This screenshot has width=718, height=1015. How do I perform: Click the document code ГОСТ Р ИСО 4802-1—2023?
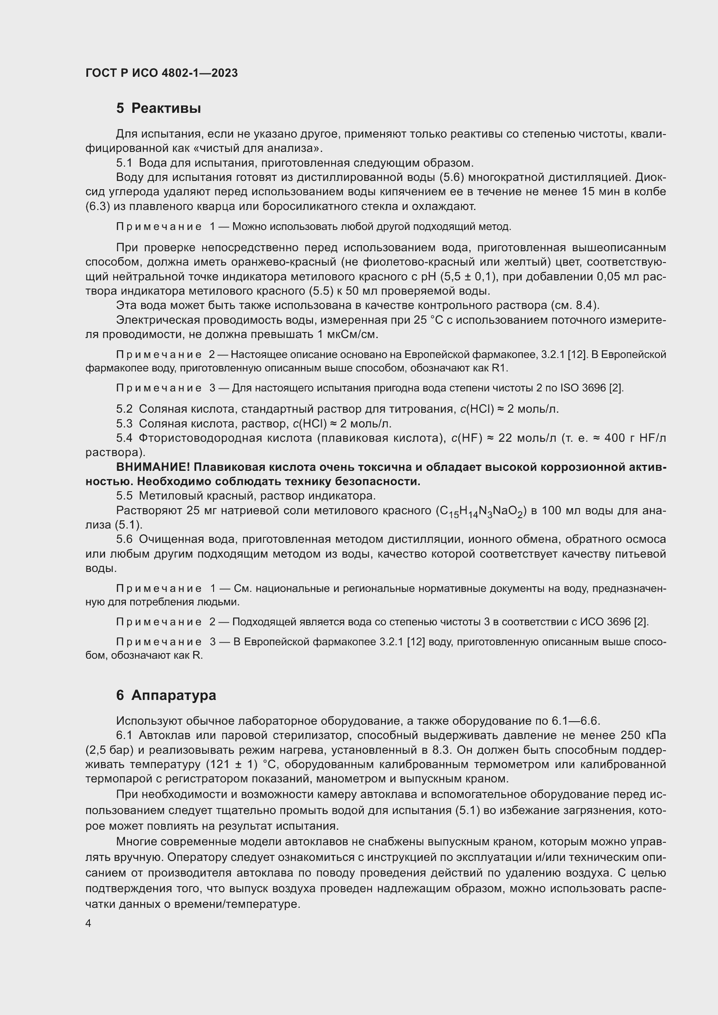[x=161, y=73]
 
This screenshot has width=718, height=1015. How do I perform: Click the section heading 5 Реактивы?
[x=158, y=108]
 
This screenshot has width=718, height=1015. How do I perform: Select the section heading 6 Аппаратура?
[x=166, y=695]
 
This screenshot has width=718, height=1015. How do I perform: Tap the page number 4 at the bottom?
[x=89, y=923]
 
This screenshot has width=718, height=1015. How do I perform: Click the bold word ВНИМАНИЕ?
[x=153, y=467]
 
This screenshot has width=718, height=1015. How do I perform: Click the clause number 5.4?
[x=124, y=438]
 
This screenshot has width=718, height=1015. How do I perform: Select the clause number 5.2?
[x=124, y=409]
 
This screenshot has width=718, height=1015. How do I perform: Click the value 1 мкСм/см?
[x=348, y=335]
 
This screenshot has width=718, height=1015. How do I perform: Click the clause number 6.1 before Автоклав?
[x=124, y=735]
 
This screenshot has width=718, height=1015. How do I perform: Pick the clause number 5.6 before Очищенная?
[x=124, y=539]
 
